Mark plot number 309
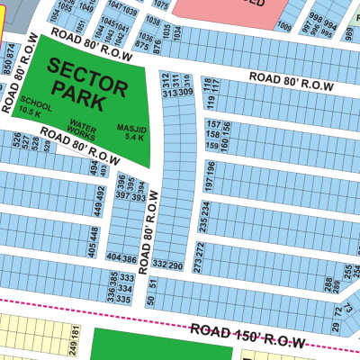coord(185,93)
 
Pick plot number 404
coord(113,258)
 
